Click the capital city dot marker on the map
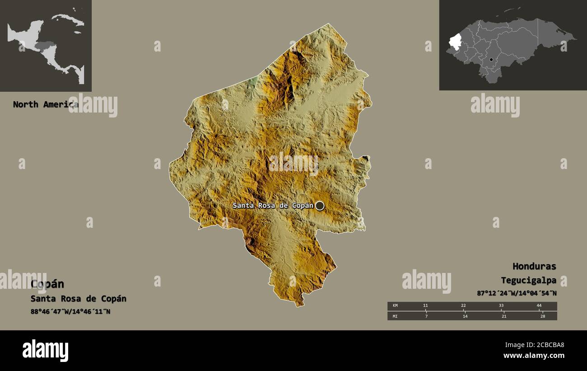320,206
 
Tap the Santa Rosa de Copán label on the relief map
273,206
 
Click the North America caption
45,104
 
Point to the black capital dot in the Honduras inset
491,59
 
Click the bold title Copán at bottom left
47,284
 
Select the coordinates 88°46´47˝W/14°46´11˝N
70,311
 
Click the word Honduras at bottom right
534,266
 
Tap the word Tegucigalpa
528,280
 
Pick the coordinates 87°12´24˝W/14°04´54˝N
517,293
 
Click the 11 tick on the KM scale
425,306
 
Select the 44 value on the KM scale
539,306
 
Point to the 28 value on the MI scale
543,316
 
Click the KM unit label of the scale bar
395,306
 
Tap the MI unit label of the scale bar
395,316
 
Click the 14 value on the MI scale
465,316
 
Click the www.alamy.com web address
534,356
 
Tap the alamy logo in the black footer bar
46,351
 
